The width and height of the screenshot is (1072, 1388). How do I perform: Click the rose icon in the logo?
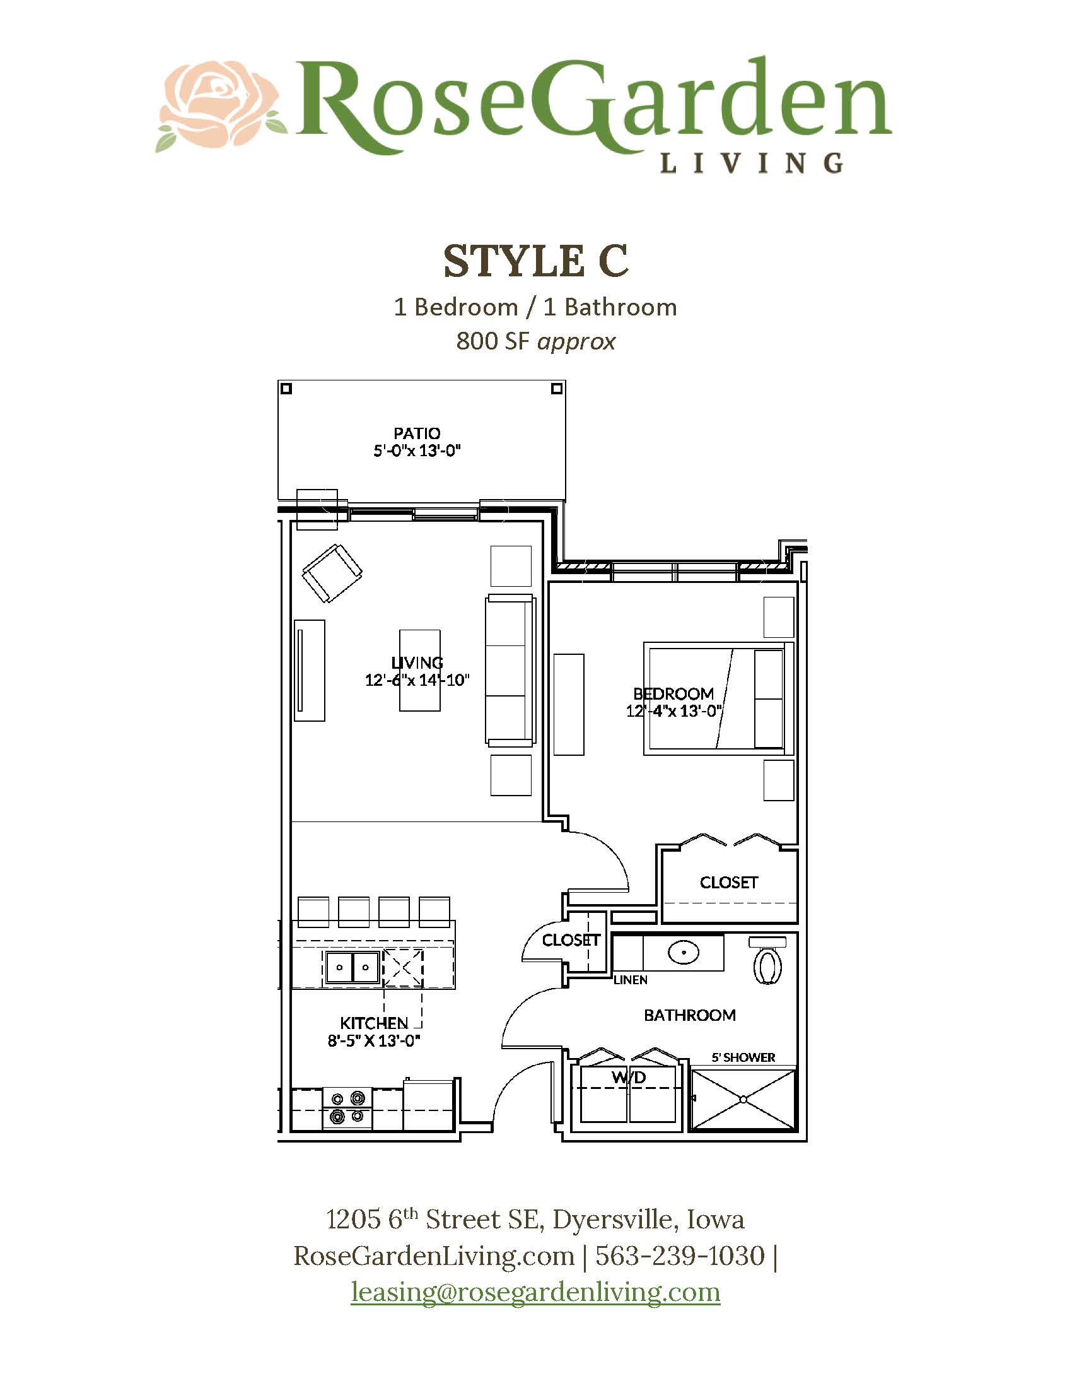coord(219,105)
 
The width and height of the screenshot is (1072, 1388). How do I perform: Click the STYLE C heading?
coord(535,261)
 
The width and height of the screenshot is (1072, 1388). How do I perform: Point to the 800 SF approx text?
coord(535,341)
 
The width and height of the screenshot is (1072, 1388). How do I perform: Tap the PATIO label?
coord(417,433)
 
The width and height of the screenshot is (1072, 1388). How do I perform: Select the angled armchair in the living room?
coord(332,573)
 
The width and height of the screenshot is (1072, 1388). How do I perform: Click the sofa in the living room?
coord(510,670)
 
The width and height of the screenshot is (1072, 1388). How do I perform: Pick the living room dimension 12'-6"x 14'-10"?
coord(417,680)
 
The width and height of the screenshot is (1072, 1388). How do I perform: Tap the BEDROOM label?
coord(673,693)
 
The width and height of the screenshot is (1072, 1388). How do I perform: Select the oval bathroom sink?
coord(684,952)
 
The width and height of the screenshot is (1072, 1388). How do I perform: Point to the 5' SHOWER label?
coord(743,1057)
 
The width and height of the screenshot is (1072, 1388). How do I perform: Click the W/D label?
coord(629,1077)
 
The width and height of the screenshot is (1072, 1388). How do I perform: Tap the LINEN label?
coord(630,980)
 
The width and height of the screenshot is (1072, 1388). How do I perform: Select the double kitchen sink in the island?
coord(352,967)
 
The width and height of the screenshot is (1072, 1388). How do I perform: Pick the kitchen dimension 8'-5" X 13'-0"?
coord(373,1040)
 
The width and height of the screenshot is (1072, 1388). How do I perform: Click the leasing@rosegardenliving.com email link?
coord(535,1291)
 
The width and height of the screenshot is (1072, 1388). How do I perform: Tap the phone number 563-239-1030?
coord(680,1256)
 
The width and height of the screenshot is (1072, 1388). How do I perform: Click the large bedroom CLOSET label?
coord(728,883)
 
